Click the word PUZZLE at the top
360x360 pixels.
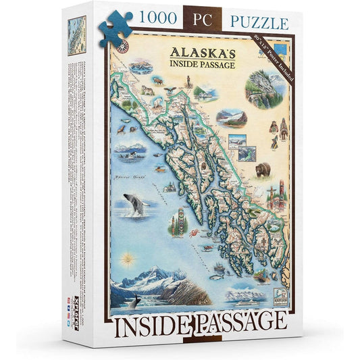coord(259,22)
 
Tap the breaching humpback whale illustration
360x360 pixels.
coord(136,204)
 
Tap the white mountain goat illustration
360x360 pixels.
coord(147,90)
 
